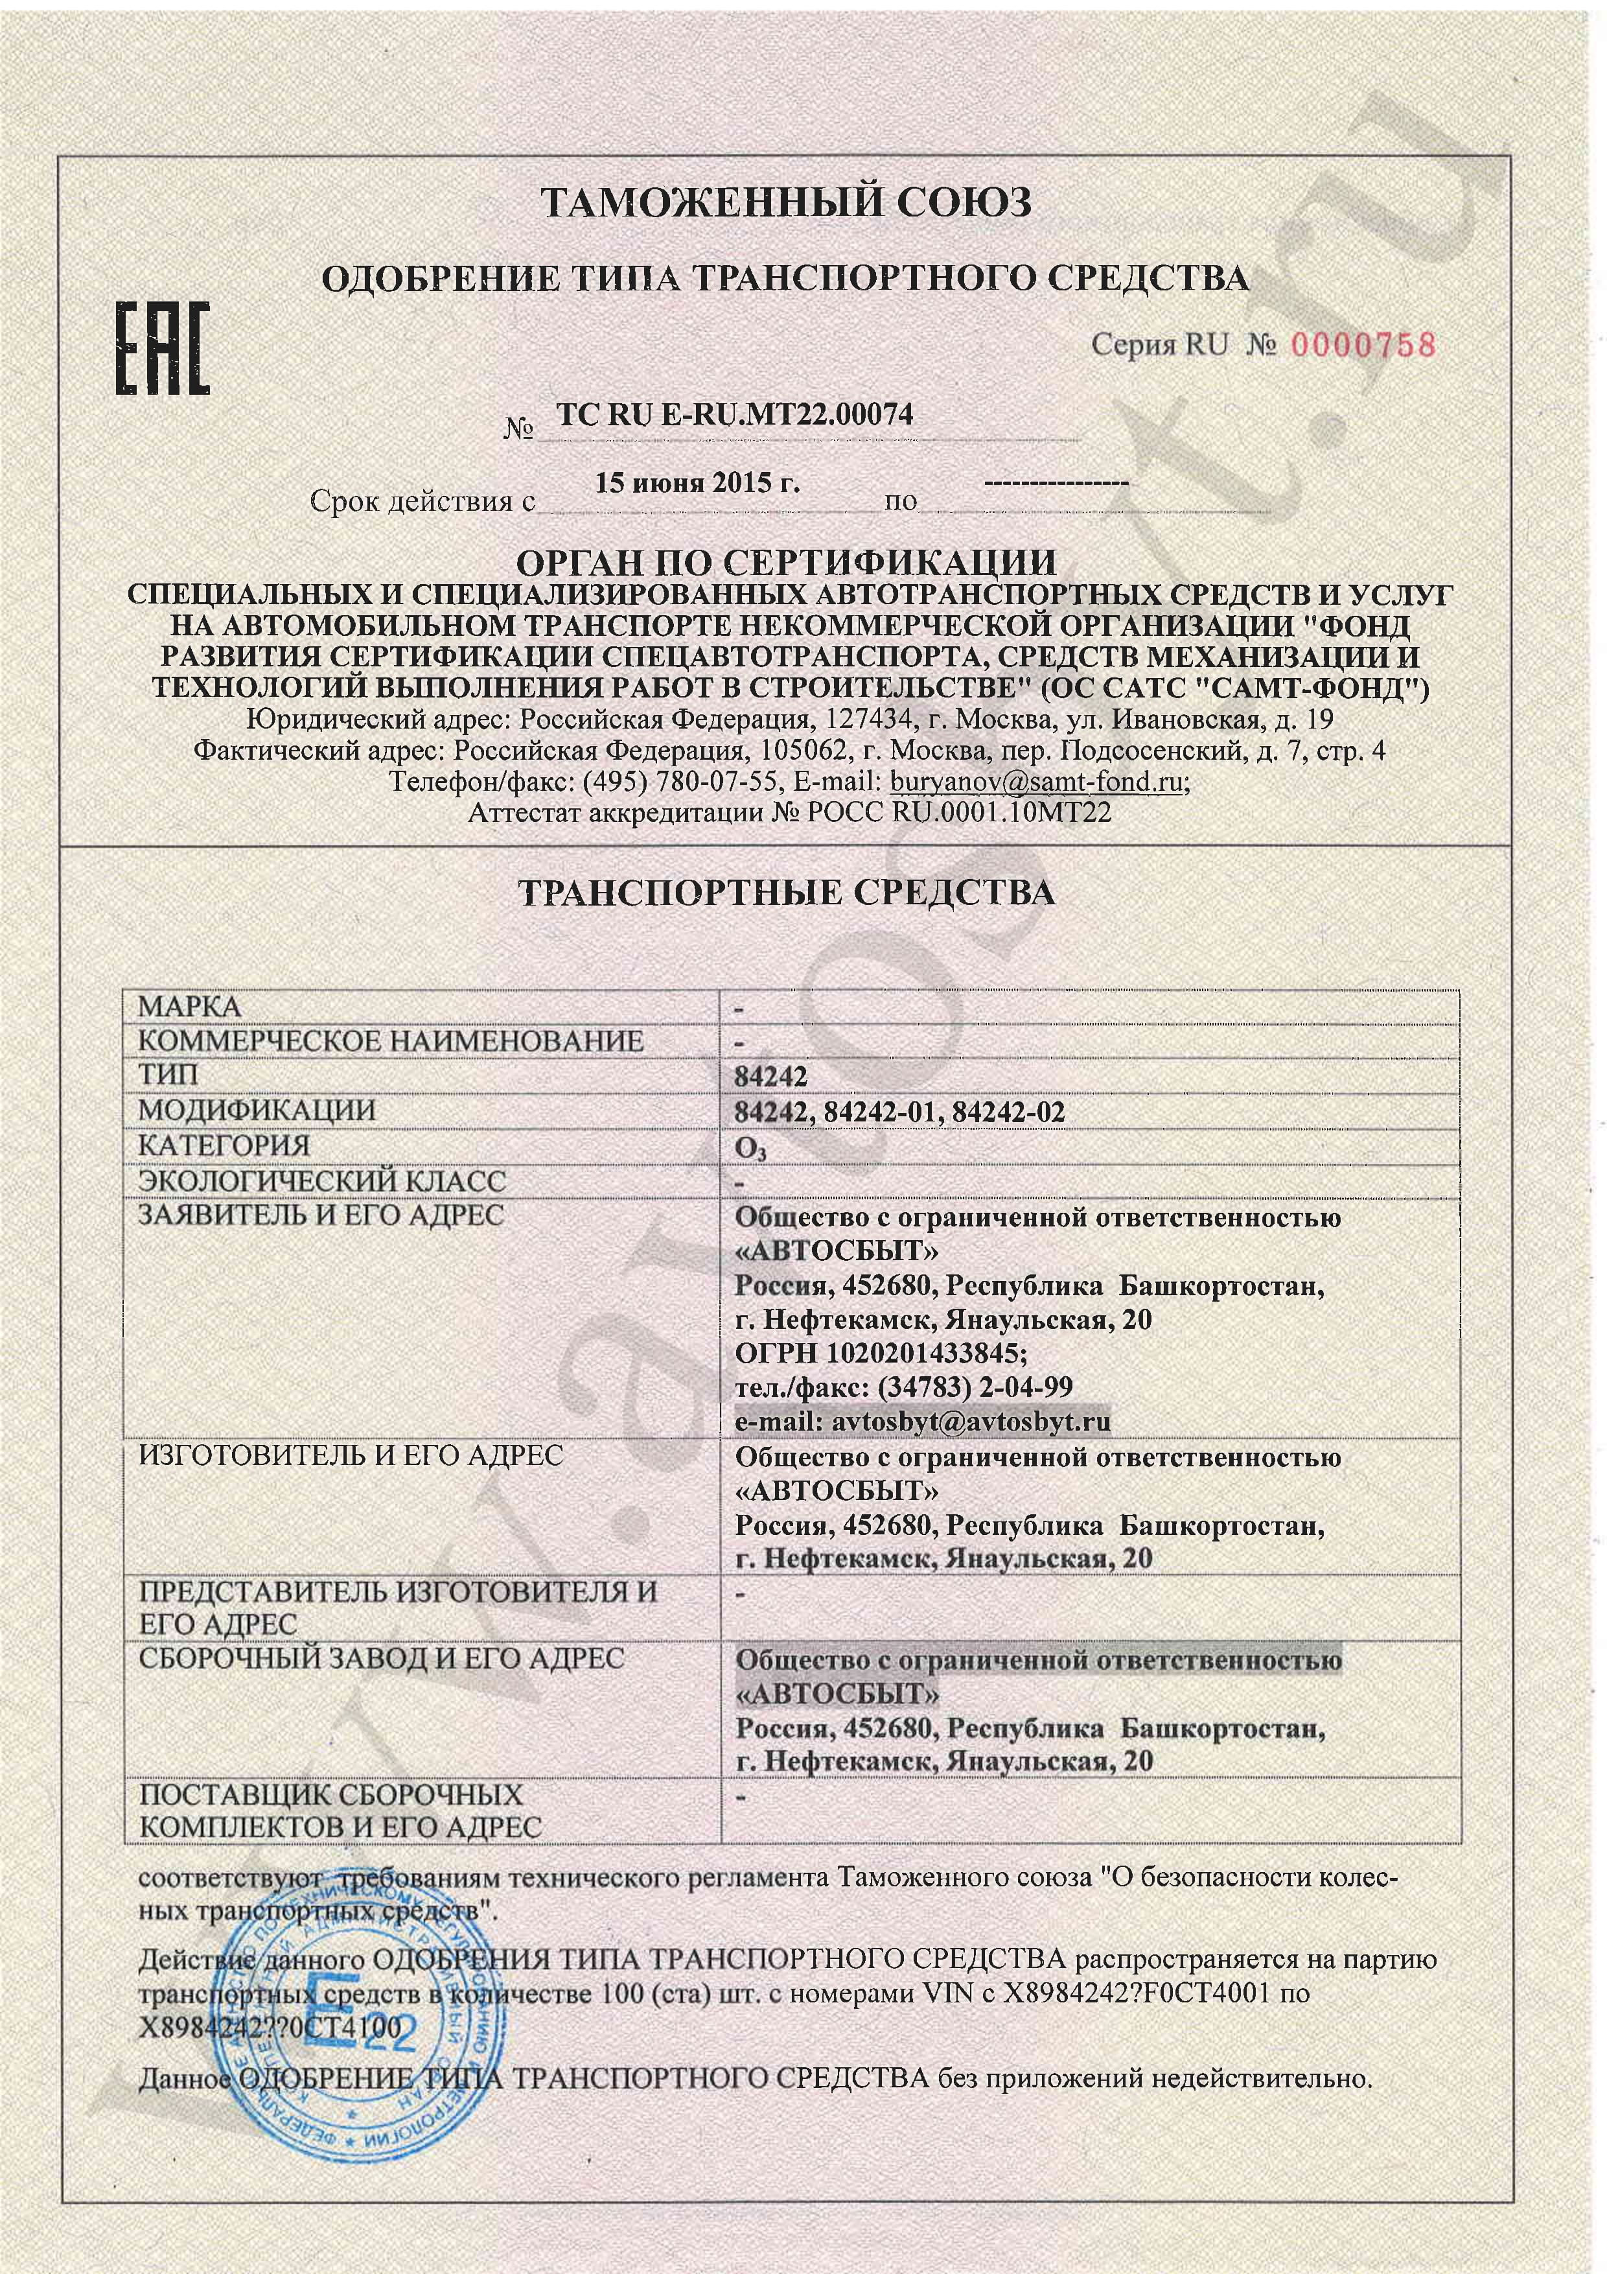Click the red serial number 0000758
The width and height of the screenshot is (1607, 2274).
click(x=1361, y=345)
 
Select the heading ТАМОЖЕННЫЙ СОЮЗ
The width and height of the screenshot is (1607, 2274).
click(x=787, y=203)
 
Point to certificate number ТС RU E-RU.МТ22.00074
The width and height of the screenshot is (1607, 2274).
click(x=735, y=416)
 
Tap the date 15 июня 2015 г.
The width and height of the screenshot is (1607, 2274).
click(x=697, y=484)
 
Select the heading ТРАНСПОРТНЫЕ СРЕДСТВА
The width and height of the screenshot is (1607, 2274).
click(x=787, y=893)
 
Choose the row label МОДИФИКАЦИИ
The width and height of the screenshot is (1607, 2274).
click(x=257, y=1110)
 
